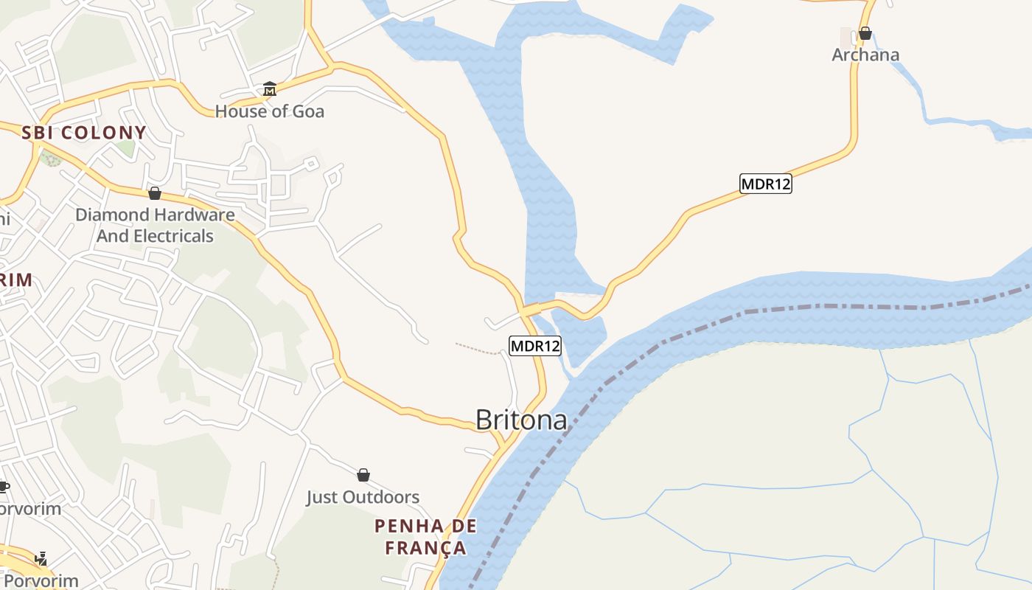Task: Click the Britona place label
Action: point(521,420)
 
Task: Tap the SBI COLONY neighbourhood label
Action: point(84,133)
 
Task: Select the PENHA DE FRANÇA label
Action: point(425,537)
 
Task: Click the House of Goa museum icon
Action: point(270,90)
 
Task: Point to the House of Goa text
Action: point(270,111)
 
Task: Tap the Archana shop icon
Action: point(865,33)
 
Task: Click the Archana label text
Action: point(865,55)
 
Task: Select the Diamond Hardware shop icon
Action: point(155,193)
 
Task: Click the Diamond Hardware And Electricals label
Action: point(155,226)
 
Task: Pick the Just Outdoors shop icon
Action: point(363,475)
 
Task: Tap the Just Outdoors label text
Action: point(363,497)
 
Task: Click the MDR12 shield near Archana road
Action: point(766,184)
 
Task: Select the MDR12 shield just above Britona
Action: point(535,345)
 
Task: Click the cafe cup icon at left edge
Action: point(3,486)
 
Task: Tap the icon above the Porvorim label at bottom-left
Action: point(42,558)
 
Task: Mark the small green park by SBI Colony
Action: point(50,157)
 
